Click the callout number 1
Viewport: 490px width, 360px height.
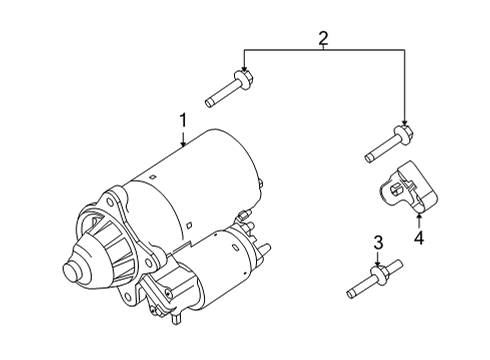point(183,121)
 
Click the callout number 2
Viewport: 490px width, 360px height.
point(323,39)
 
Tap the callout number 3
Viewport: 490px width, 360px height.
point(378,243)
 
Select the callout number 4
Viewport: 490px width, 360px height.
point(419,238)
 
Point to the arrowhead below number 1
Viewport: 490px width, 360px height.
point(183,145)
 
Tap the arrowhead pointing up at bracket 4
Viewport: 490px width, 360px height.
point(419,216)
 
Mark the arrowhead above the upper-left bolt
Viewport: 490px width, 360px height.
point(243,66)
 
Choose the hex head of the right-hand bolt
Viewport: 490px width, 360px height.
point(403,133)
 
